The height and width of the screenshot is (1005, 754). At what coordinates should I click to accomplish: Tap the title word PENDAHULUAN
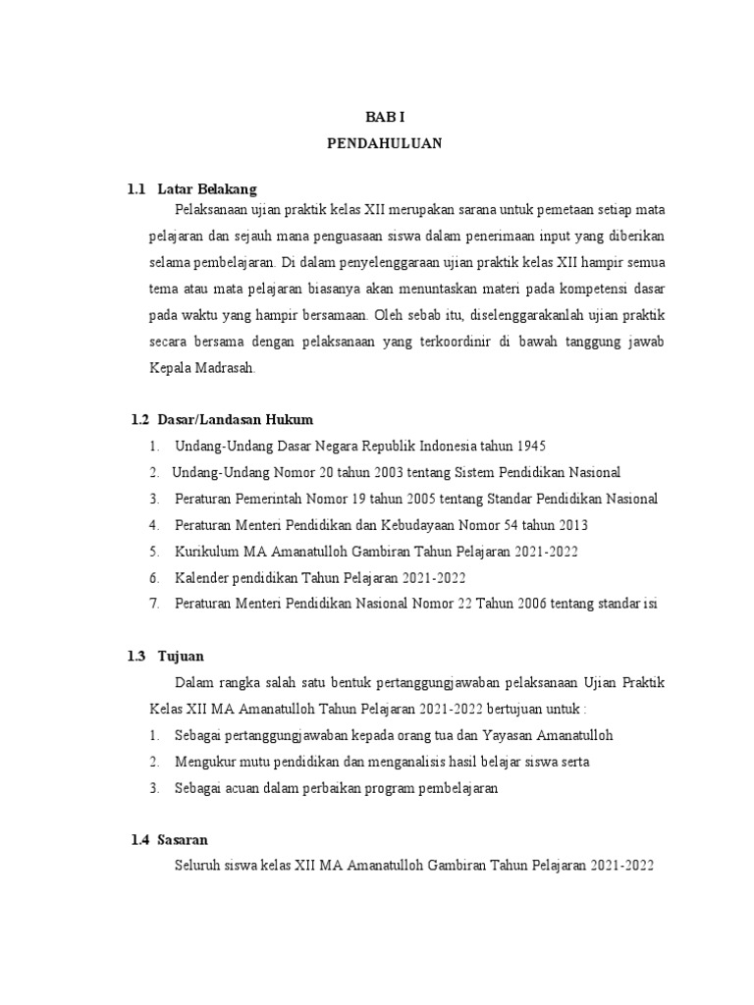pos(385,143)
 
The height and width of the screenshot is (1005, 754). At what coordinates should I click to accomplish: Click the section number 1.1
pos(136,188)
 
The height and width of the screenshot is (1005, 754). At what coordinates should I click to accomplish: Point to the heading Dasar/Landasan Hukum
pos(235,419)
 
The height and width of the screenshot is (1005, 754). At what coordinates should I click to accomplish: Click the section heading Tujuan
pos(188,656)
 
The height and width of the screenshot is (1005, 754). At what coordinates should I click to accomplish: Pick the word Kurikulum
pos(206,551)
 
